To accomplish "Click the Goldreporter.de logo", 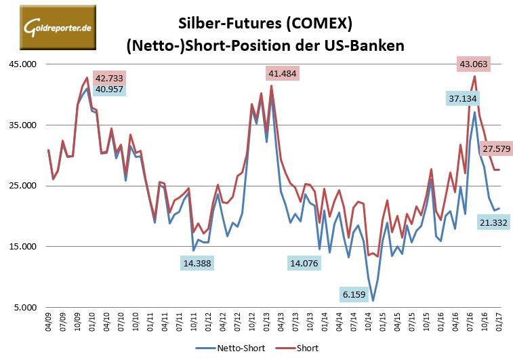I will (57, 26).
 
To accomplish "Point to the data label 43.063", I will (473, 65).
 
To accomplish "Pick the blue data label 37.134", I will (462, 98).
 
